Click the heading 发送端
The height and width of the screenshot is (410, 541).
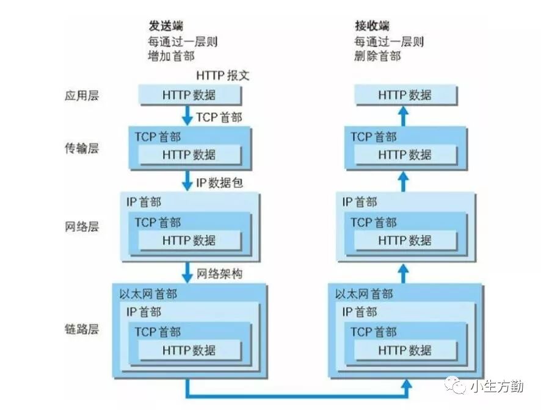pos(165,26)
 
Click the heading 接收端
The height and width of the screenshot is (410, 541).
pos(372,26)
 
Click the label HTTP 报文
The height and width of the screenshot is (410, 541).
pos(223,76)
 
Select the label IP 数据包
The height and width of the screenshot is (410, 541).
pos(219,183)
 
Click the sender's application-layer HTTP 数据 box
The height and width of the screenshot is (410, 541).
pos(189,95)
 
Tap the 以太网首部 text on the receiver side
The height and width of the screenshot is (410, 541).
pos(364,294)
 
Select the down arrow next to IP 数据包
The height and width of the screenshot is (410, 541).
pos(187,181)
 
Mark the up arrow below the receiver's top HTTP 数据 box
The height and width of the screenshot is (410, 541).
pos(403,115)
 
